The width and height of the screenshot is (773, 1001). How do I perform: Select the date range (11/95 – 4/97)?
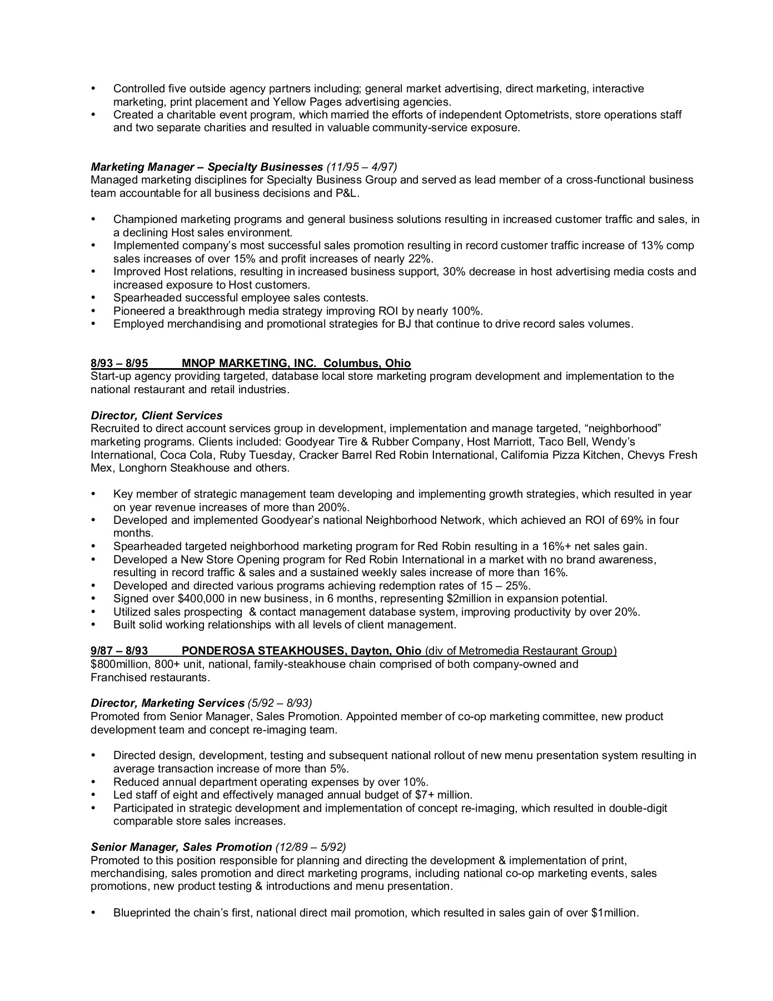click(362, 167)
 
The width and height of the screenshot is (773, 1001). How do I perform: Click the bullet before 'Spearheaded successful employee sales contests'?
click(93, 298)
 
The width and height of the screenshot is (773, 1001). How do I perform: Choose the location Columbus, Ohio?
click(367, 363)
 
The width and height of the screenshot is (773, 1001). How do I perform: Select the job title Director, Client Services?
click(156, 415)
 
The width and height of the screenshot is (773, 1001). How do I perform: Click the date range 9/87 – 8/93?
click(119, 651)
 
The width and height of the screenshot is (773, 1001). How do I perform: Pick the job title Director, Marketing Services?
click(167, 703)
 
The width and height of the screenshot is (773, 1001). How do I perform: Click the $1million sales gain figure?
click(615, 913)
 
